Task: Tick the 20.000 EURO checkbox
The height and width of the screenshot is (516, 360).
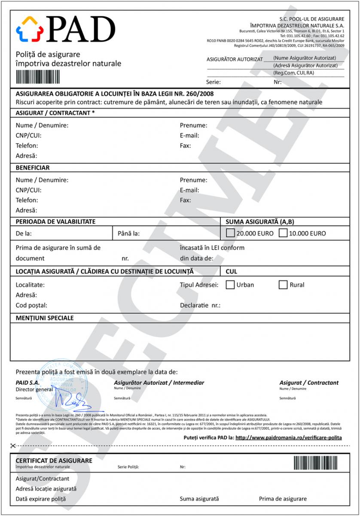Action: click(230, 233)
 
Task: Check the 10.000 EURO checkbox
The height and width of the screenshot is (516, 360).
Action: click(283, 233)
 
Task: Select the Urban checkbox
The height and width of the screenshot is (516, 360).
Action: click(230, 285)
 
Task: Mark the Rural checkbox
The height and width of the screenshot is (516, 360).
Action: click(283, 285)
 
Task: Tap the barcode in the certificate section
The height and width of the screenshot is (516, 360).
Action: click(319, 462)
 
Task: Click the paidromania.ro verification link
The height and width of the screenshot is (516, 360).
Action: click(289, 437)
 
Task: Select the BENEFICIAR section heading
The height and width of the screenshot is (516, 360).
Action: click(33, 168)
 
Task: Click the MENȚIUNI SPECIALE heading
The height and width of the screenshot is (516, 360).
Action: click(45, 318)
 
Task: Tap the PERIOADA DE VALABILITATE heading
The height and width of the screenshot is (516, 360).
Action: click(55, 222)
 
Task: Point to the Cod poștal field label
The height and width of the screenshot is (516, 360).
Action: click(31, 305)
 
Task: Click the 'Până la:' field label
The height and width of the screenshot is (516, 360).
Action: click(129, 234)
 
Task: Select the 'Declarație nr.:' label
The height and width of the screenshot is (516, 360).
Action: click(200, 306)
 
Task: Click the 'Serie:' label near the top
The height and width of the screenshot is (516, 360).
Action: click(214, 82)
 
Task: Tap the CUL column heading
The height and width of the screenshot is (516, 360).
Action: click(231, 272)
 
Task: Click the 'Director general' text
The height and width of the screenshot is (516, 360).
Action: click(34, 389)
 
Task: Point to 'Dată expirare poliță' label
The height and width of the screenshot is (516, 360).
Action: click(41, 499)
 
